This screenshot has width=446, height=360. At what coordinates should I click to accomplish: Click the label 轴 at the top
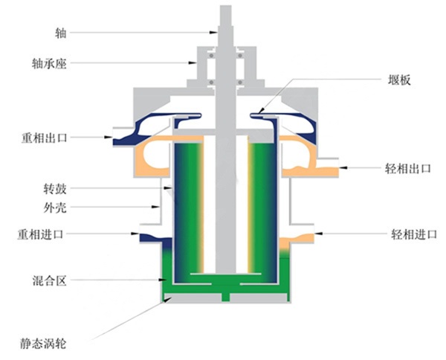click(x=61, y=33)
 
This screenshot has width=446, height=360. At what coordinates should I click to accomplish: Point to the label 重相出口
click(x=44, y=138)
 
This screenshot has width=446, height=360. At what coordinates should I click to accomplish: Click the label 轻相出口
click(x=410, y=170)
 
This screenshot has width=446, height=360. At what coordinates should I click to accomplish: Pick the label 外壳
click(x=55, y=205)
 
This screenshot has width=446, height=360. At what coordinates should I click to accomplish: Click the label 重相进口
click(x=44, y=234)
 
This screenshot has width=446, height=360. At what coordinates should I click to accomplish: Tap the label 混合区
click(x=49, y=280)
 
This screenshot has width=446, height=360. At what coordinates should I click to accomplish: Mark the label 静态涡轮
click(x=44, y=344)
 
